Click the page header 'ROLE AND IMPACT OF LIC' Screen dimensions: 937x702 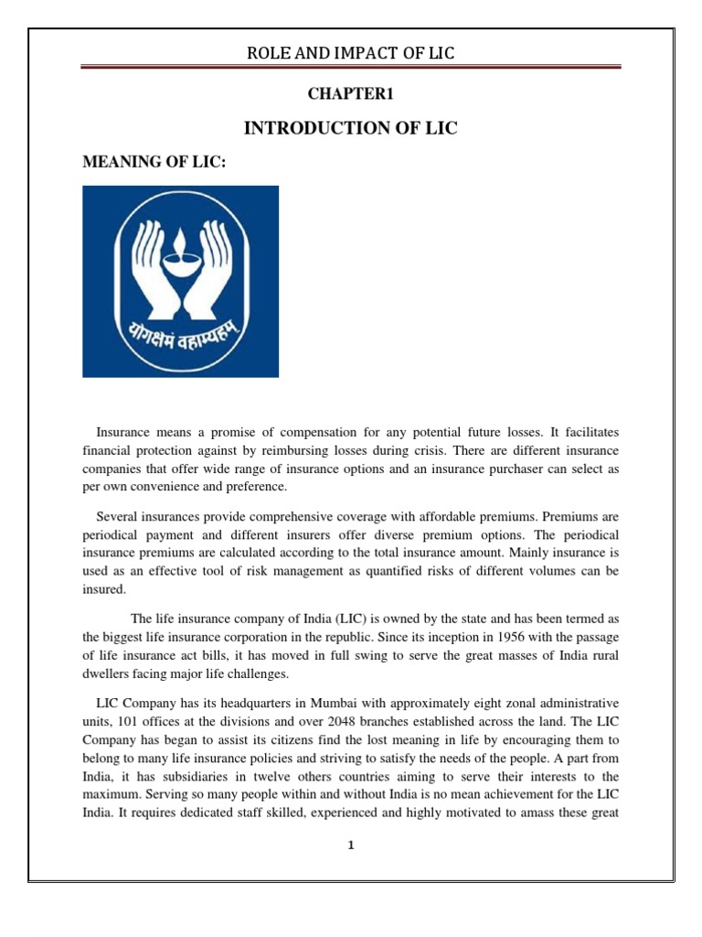(x=350, y=54)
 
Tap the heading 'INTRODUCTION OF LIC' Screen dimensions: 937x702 (x=350, y=129)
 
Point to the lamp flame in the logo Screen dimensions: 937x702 (x=181, y=229)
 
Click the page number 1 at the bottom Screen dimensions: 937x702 (x=350, y=845)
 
